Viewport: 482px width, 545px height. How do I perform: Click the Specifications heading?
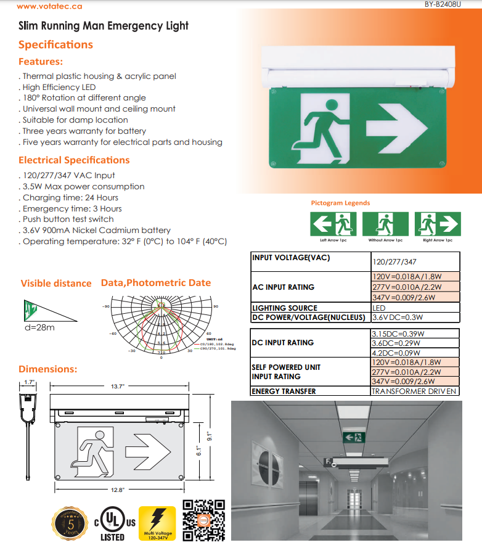[x=55, y=44]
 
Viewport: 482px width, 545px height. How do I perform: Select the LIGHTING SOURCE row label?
[x=285, y=308]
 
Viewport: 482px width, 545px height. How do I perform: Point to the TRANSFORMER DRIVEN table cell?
[x=415, y=391]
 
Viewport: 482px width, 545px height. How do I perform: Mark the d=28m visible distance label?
[x=39, y=327]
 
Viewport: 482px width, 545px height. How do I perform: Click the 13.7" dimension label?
[x=118, y=386]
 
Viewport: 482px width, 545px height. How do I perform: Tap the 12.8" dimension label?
[x=118, y=489]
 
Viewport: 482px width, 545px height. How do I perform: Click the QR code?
[x=204, y=519]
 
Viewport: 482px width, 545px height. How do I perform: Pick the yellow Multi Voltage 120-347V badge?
[x=157, y=523]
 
